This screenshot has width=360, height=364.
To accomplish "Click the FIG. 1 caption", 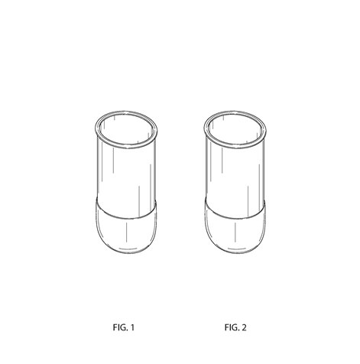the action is [124, 327].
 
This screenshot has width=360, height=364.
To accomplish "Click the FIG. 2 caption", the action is [235, 327].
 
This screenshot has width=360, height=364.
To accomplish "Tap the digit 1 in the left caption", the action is [132, 327].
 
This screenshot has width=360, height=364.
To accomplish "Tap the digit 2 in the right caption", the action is [244, 327].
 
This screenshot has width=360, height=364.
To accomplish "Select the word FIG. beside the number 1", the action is [120, 327].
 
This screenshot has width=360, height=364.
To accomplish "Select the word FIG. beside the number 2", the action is [232, 327].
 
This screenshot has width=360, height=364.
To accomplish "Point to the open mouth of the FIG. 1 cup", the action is [126, 129].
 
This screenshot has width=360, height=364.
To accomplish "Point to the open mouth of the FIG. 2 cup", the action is [235, 129].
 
